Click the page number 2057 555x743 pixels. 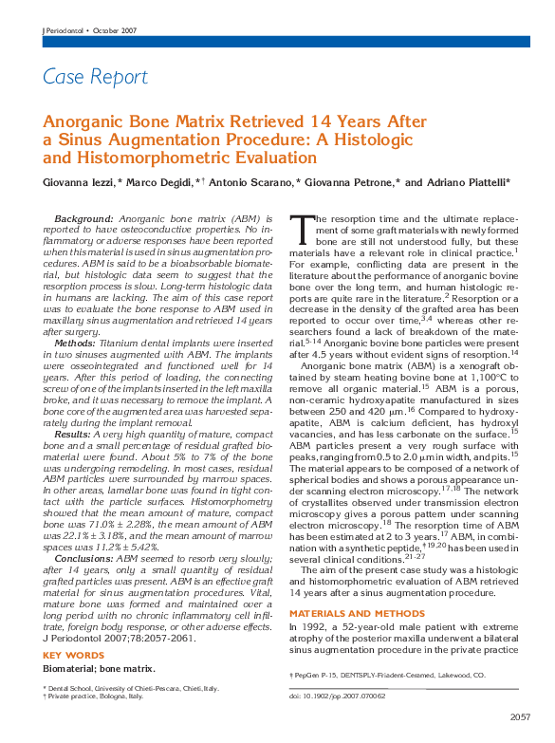[520, 716]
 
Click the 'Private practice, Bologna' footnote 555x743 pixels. [95, 697]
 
